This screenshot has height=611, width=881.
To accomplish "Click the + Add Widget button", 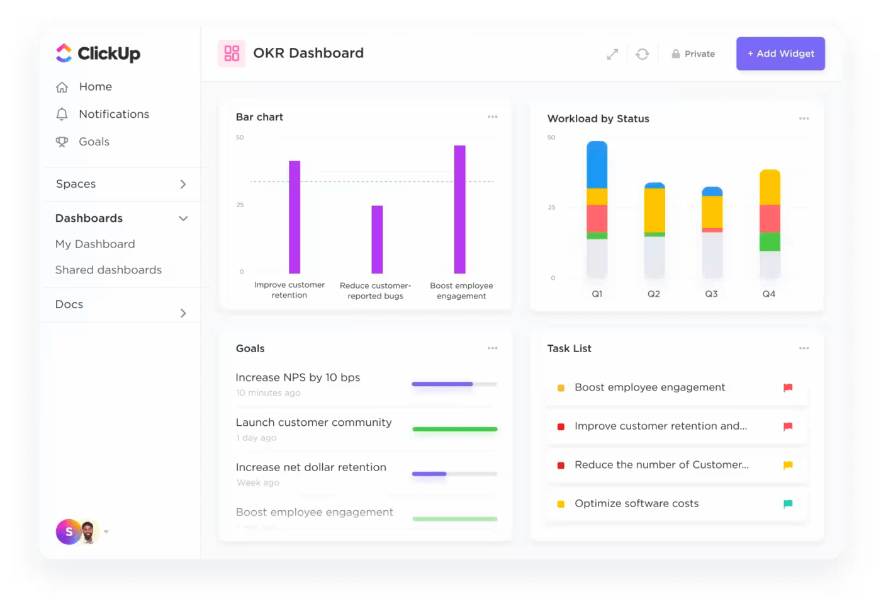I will click(780, 54).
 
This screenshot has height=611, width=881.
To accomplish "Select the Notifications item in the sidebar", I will click(113, 114).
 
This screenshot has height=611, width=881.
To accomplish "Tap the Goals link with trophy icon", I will click(93, 142).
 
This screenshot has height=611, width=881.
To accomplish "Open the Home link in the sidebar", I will click(95, 86).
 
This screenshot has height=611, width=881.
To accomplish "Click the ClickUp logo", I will click(98, 54).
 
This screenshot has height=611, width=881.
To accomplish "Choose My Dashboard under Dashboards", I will click(95, 244).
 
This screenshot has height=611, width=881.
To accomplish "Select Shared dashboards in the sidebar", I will click(108, 270).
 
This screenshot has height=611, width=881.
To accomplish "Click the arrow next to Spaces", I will click(183, 184).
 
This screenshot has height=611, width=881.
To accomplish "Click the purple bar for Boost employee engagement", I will click(460, 209).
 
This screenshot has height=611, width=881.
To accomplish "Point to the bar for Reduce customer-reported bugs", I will click(377, 239).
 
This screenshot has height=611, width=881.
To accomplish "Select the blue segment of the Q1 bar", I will click(597, 165).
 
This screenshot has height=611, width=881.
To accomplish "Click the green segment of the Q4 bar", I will click(770, 242).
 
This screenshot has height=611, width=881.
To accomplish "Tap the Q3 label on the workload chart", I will click(711, 294).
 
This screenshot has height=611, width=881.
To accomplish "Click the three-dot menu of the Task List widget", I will click(804, 348).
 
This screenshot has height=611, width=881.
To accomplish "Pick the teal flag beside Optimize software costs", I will click(788, 503).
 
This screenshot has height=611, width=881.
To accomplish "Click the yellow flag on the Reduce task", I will click(788, 465).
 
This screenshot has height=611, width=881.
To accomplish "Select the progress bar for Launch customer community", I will click(454, 429).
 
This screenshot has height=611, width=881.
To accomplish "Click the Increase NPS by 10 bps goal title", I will click(298, 377).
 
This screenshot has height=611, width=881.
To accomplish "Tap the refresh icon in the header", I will click(642, 54).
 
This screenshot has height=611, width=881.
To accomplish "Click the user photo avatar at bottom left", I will click(89, 532).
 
